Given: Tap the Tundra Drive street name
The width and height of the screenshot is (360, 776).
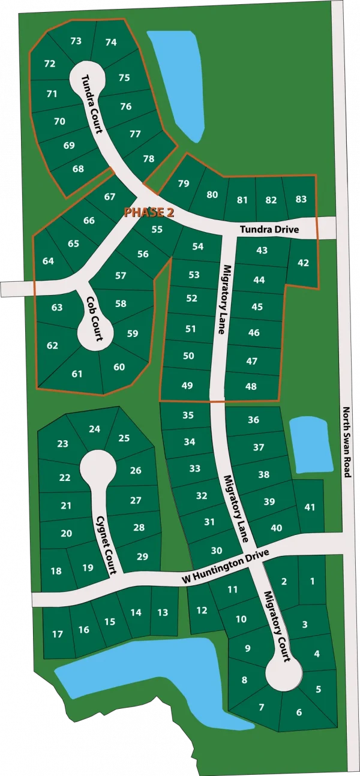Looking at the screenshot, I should point(277,229).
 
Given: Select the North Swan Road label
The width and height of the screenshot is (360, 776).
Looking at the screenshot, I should point(346,443).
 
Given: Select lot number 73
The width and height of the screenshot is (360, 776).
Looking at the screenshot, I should point(76,41).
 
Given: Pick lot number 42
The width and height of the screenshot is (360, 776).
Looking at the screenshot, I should point(303,262).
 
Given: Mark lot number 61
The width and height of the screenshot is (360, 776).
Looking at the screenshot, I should point(77,374).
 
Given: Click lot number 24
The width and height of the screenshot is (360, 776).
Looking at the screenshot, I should point(94,429).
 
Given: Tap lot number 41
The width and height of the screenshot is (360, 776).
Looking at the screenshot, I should point(310,507).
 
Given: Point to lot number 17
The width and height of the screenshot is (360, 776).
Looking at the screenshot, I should point(58,634).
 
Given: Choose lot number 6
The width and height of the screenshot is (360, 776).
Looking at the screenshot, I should point(299,712).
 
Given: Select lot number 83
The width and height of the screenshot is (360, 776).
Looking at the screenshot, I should point(301,199).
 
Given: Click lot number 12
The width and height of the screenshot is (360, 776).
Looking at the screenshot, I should point(202,610).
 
